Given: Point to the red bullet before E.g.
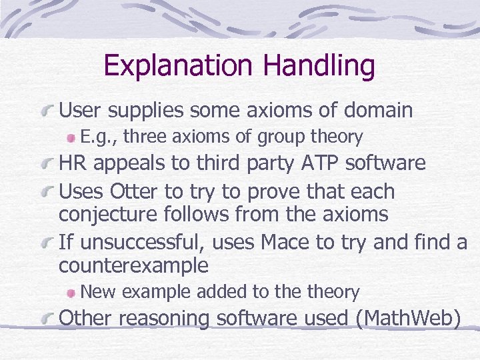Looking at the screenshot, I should point(71,137).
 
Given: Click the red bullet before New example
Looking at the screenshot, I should point(71,292).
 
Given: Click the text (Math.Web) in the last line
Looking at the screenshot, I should point(408,319).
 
